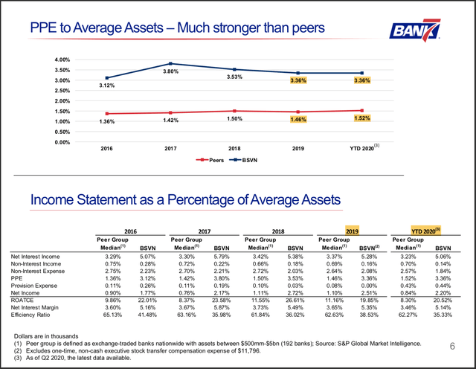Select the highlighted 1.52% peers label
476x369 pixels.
point(363,118)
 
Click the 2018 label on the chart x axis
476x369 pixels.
point(234,148)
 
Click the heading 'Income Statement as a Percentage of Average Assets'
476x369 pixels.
point(185,199)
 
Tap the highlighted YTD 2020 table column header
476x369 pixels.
point(427,231)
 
